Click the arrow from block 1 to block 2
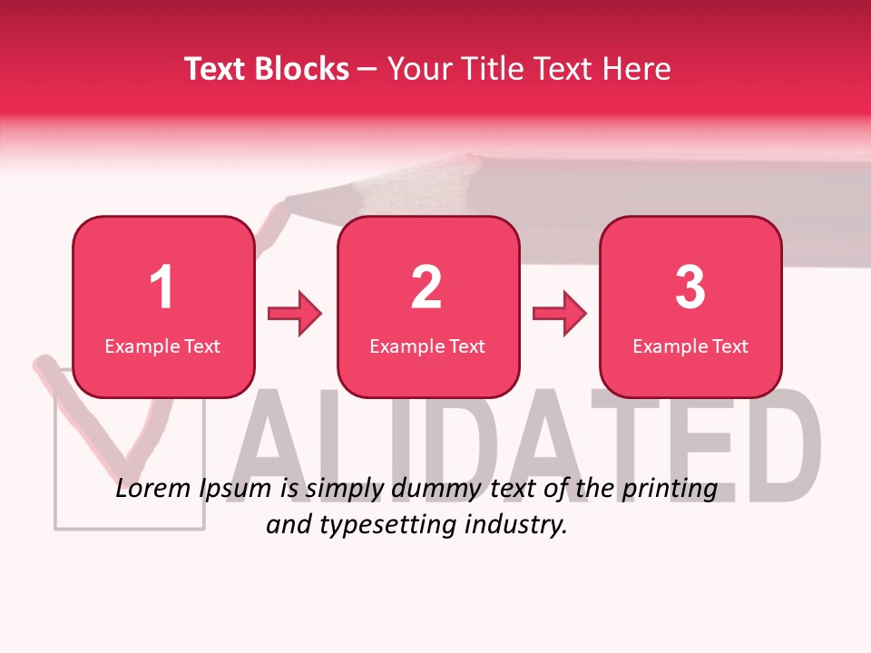295,314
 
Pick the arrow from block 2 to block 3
560,314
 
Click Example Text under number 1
162,346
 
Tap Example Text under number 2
427,346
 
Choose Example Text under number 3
690,346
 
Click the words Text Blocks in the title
266,69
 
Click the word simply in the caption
343,490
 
